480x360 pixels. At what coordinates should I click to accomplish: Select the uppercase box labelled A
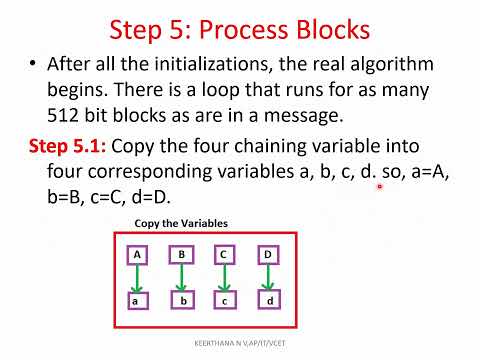click(x=137, y=255)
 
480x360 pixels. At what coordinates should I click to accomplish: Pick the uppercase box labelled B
click(x=181, y=255)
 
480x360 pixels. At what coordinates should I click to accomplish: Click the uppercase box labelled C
click(x=225, y=255)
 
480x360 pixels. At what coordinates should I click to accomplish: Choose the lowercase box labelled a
click(x=137, y=299)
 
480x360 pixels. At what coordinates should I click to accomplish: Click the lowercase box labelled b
click(x=181, y=299)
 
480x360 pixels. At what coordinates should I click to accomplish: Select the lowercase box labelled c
click(x=225, y=299)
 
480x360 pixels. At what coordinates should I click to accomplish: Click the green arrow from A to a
click(x=137, y=277)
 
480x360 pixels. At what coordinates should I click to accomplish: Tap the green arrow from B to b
click(x=181, y=277)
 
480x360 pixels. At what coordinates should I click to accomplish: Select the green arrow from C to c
click(x=225, y=277)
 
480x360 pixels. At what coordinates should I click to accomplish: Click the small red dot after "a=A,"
click(x=380, y=186)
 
